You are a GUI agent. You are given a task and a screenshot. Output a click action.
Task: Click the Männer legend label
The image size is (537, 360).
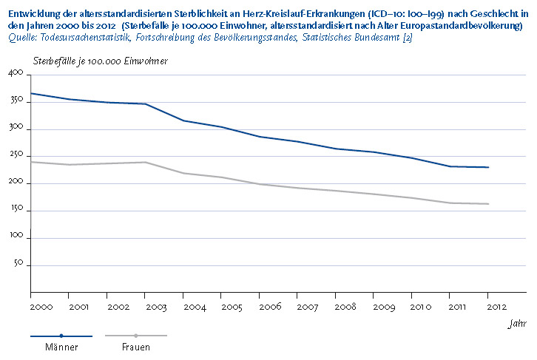point(61,347)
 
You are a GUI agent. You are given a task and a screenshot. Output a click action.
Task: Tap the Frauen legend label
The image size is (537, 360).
point(136,347)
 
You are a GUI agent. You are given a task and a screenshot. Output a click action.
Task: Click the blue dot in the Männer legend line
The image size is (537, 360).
point(61,336)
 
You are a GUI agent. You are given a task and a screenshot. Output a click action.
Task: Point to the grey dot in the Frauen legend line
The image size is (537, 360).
point(136,336)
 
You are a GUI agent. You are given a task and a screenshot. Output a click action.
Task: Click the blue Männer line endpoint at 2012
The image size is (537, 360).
point(488,167)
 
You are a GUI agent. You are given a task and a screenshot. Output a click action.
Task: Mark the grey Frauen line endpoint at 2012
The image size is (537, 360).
point(488,204)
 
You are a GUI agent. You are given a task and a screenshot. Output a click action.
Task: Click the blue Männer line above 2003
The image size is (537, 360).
point(145,103)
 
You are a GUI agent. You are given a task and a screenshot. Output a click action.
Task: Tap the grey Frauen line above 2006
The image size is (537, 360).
point(260,184)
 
